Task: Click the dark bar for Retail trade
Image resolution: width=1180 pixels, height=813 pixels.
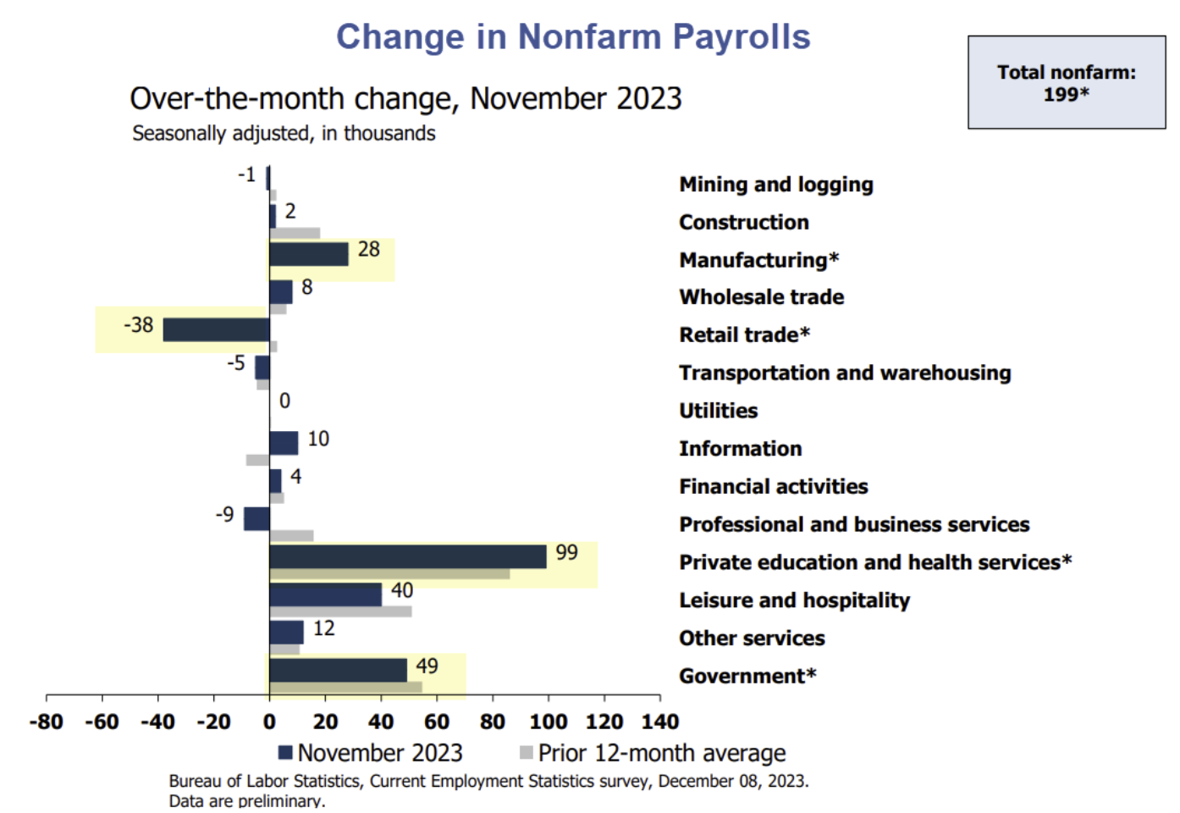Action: pyautogui.click(x=216, y=329)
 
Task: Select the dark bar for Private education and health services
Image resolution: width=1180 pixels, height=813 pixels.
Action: pyautogui.click(x=407, y=556)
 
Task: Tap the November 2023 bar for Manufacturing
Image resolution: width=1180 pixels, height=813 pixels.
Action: pyautogui.click(x=308, y=254)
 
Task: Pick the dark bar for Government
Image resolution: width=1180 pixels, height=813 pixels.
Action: pyautogui.click(x=338, y=670)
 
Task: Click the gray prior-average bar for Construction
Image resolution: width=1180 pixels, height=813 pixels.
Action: pyautogui.click(x=295, y=233)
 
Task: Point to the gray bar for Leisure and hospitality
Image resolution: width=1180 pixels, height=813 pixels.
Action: pyautogui.click(x=340, y=611)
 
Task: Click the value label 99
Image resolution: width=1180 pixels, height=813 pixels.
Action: pyautogui.click(x=566, y=553)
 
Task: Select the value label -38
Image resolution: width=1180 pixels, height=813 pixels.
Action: pyautogui.click(x=139, y=325)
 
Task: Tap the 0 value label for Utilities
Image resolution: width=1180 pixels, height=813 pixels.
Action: pyautogui.click(x=284, y=401)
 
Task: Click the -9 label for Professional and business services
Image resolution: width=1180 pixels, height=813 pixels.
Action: pyautogui.click(x=224, y=515)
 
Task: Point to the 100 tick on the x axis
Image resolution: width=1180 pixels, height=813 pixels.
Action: pyautogui.click(x=549, y=722)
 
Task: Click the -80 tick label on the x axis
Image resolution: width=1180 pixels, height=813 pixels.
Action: pyautogui.click(x=47, y=722)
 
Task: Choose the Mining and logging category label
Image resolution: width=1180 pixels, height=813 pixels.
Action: pyautogui.click(x=775, y=185)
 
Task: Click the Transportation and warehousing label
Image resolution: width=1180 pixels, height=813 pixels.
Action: pyautogui.click(x=844, y=373)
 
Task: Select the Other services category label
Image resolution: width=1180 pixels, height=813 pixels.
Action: pyautogui.click(x=751, y=639)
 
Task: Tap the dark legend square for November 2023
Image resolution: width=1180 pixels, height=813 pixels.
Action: pyautogui.click(x=285, y=752)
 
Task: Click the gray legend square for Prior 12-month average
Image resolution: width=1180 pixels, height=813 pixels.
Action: pyautogui.click(x=527, y=752)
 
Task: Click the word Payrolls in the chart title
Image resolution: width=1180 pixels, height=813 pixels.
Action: pyautogui.click(x=741, y=37)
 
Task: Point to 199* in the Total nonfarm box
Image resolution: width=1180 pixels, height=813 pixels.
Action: pyautogui.click(x=1066, y=95)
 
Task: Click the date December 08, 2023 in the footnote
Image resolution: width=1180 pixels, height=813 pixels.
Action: pyautogui.click(x=732, y=781)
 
